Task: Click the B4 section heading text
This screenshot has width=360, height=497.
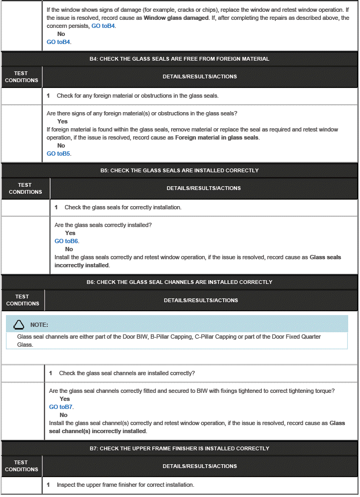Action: point(179,59)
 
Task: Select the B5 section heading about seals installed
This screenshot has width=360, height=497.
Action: point(179,170)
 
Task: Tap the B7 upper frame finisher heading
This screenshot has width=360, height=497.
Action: point(179,448)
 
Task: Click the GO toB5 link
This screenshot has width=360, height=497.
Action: point(58,154)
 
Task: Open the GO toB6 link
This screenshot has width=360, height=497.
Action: point(67,241)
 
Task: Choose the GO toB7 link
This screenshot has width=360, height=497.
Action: point(61,407)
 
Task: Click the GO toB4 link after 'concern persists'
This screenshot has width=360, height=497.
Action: point(103,26)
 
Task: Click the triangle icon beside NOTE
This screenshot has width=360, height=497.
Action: point(19,324)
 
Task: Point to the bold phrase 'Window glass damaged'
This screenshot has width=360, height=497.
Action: point(176,18)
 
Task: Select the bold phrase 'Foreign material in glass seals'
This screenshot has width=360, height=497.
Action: point(217,137)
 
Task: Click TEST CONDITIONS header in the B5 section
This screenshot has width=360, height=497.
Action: point(25,188)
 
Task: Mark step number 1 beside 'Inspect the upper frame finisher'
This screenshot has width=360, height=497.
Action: point(49,485)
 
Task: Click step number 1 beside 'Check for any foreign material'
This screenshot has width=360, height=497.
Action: point(49,96)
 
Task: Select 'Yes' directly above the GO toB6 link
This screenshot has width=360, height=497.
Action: point(70,233)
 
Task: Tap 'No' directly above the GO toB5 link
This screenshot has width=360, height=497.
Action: point(61,145)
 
